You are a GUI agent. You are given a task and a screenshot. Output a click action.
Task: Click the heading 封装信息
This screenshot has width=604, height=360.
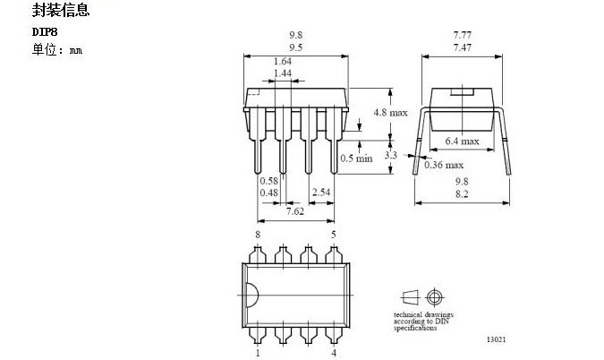coord(61,13)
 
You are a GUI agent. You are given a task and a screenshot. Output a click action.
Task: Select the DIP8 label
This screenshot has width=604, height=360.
coord(45,32)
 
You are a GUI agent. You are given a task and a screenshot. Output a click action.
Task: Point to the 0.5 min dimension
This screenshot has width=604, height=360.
coord(356,159)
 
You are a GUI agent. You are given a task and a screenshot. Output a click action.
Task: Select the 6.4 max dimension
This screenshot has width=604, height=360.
coord(462,141)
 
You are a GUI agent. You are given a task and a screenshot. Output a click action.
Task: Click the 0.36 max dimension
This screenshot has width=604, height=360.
coord(444,165)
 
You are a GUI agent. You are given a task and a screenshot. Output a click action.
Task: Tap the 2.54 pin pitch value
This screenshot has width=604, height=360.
coord(321,192)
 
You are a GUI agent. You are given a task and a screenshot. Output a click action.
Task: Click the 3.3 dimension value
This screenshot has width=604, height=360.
coord(390,155)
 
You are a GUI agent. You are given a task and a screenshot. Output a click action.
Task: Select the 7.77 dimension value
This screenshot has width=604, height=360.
coord(463,33)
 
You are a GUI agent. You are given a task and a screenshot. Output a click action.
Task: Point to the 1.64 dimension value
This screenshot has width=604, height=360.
coord(281,61)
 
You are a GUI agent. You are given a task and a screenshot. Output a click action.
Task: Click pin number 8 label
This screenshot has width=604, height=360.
coord(258,235)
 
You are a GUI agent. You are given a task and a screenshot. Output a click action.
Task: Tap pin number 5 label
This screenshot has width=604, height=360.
coord(334,235)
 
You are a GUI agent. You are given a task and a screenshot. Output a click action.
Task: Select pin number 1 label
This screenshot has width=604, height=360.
coord(258,353)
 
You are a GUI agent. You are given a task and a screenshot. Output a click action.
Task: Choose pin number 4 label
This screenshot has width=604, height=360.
coord(334,353)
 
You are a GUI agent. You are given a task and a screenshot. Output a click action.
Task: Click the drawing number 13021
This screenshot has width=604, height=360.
coord(497,340)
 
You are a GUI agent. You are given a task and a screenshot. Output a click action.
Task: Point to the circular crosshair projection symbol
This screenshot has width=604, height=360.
coord(436,297)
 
